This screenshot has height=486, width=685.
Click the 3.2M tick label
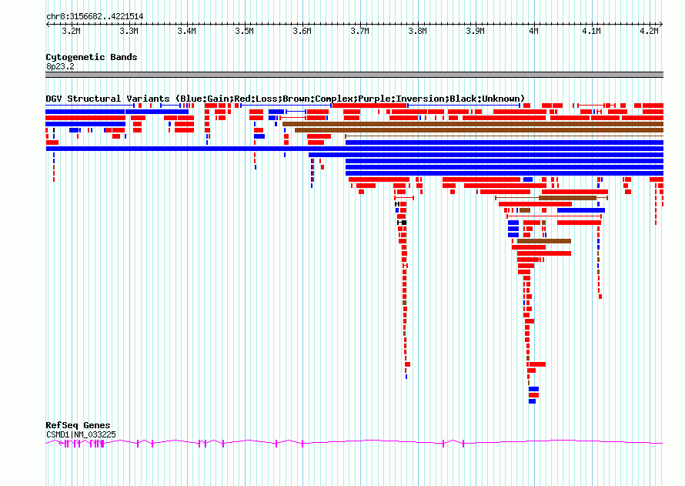[x=72, y=32]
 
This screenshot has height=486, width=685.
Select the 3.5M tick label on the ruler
[x=244, y=32]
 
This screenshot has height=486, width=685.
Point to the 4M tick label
[x=533, y=32]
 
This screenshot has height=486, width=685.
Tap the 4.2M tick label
[x=649, y=32]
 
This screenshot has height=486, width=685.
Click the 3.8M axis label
[x=417, y=32]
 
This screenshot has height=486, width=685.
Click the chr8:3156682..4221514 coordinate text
[x=95, y=17]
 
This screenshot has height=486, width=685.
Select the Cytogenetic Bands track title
[x=92, y=57]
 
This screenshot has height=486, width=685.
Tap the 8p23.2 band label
[x=60, y=66]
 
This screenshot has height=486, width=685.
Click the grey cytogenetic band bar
[x=354, y=75]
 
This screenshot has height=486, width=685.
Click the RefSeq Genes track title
[x=79, y=425]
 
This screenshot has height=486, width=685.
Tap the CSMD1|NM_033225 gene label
[x=82, y=435]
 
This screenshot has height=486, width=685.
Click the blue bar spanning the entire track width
[x=354, y=149]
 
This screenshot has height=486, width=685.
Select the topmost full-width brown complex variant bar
[x=473, y=124]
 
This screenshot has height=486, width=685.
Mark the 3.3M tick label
[x=129, y=32]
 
